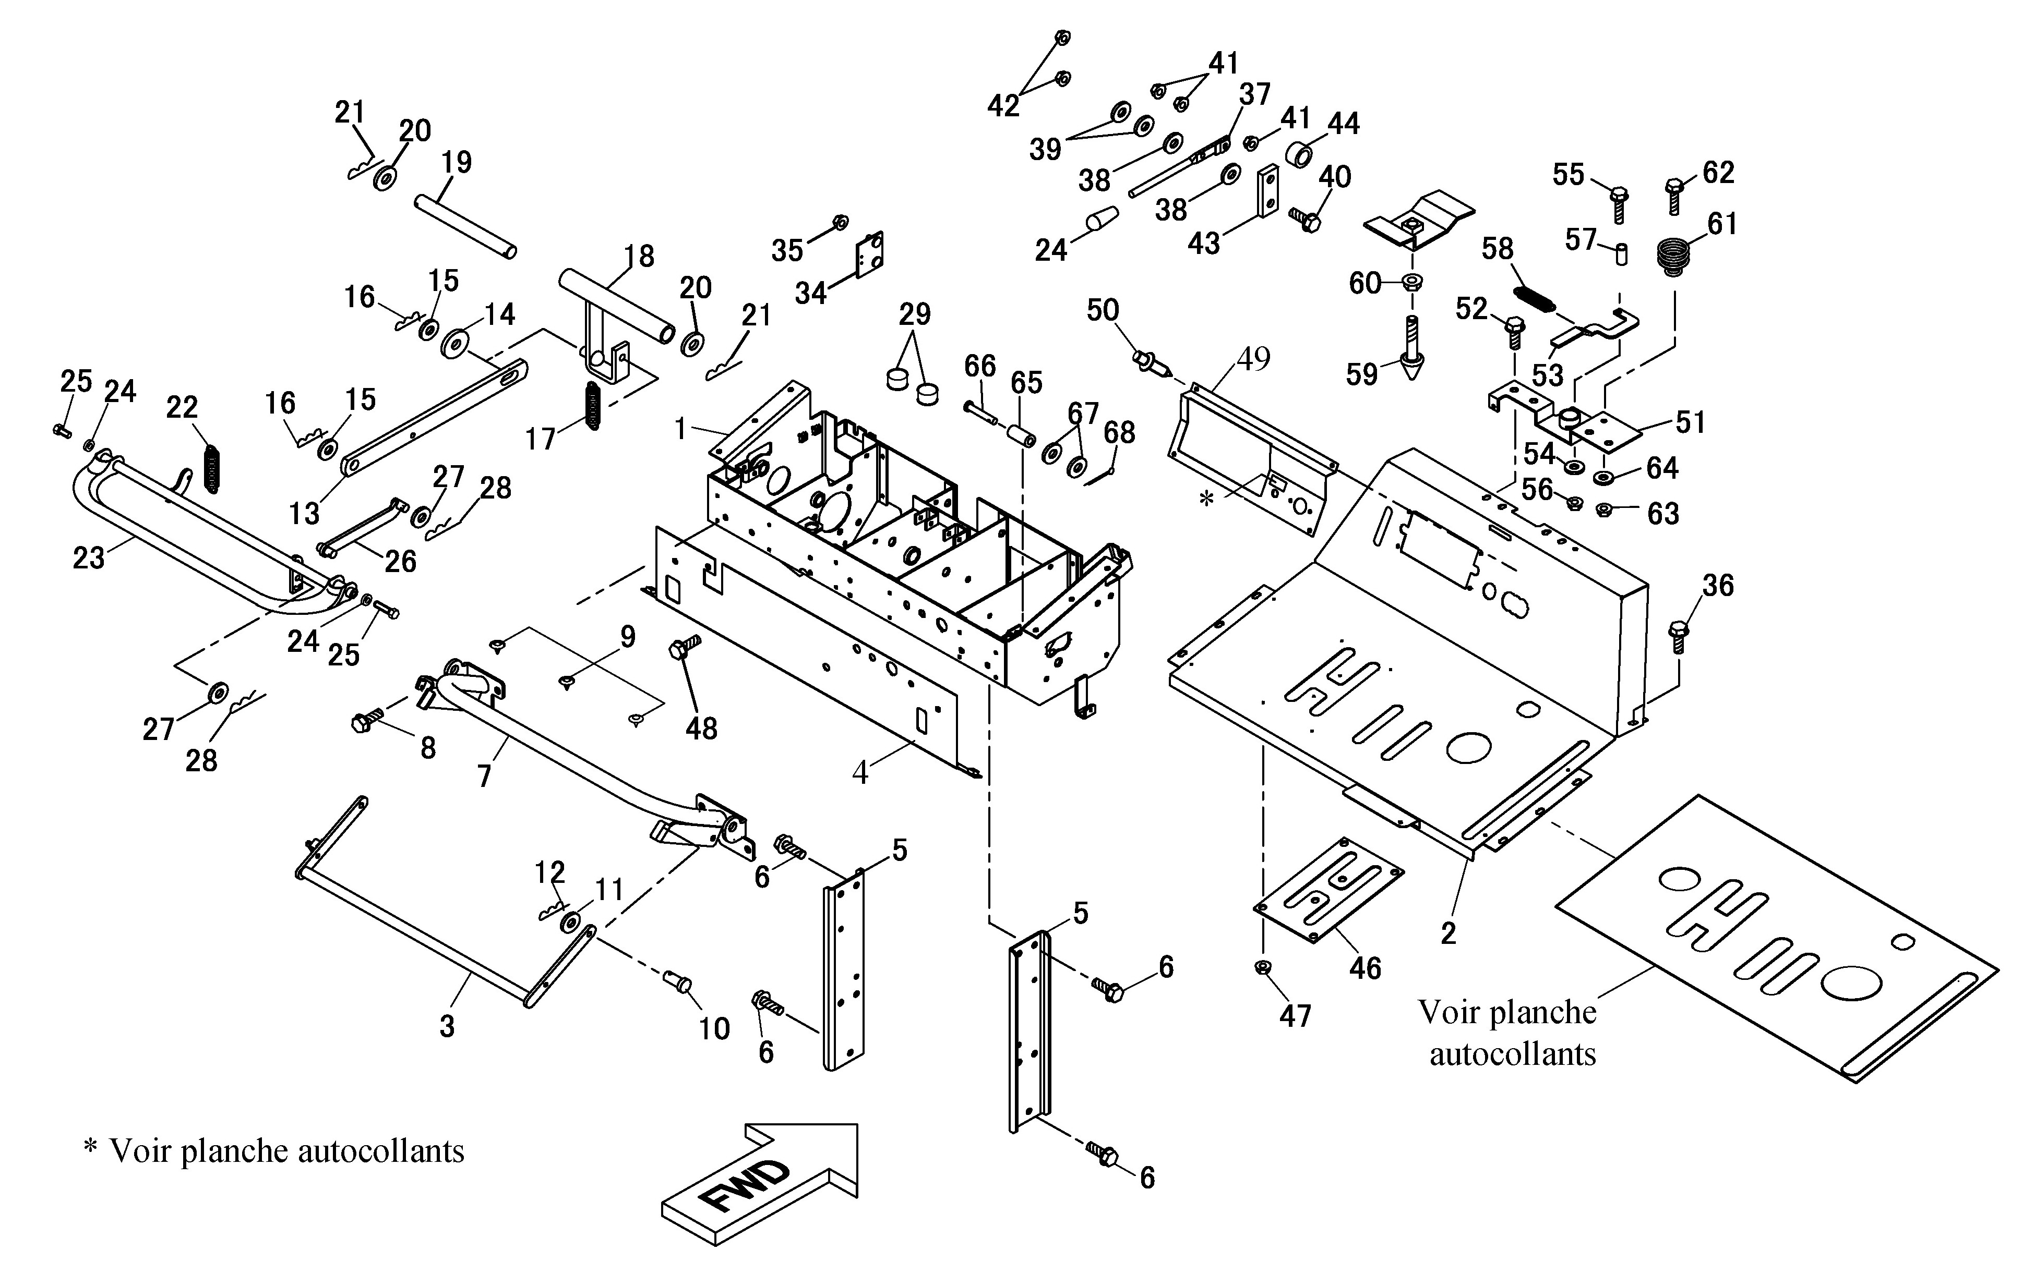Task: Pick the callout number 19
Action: [457, 162]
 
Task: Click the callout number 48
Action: [701, 729]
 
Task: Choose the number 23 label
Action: [89, 557]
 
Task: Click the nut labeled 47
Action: [1263, 968]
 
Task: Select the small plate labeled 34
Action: [870, 254]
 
